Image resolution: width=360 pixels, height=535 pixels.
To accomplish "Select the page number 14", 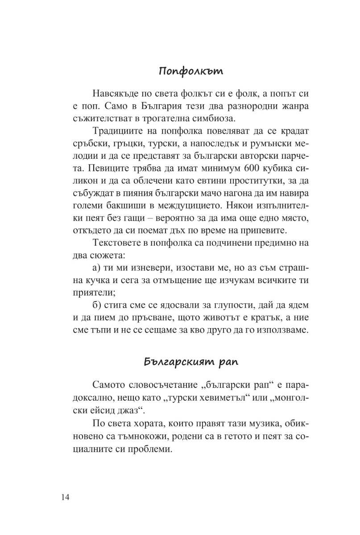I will (x=62, y=497).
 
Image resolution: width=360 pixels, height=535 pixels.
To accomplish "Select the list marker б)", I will (x=98, y=306).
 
